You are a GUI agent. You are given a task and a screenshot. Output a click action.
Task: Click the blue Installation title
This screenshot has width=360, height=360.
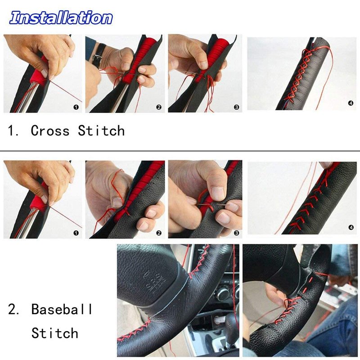coord(61,18)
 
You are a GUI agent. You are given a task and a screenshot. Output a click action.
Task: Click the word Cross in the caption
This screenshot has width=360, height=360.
coord(50,130)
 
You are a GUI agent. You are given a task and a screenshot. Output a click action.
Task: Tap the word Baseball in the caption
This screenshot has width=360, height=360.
coord(62,309)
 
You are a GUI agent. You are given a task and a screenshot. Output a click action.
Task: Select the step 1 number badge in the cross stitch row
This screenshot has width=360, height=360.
coord(76,107)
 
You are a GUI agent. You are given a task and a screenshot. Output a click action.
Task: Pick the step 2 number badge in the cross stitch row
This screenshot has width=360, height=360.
coord(159,107)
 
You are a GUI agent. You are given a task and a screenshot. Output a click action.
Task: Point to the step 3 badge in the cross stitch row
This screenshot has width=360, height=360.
coord(237,107)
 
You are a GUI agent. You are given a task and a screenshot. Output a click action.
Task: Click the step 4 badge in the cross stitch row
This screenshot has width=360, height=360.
coord(351,103)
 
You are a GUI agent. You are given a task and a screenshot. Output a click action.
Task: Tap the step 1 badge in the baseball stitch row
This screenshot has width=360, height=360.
coord(76,233)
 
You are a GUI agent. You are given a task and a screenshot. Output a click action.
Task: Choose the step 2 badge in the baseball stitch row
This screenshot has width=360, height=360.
coord(159,233)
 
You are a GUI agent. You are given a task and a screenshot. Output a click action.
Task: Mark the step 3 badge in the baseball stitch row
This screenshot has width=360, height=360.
coord(237,233)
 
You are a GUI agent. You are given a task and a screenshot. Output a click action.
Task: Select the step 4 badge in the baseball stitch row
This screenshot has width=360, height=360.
coord(351,228)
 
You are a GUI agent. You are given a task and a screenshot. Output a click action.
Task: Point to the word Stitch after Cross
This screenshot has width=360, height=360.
coord(101,130)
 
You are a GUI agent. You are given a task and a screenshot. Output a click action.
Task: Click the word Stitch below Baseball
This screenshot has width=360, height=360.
coord(55,333)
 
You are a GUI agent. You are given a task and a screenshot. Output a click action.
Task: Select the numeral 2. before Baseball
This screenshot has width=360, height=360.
coord(14,309)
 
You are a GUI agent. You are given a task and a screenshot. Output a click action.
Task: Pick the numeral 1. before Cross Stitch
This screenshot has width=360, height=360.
coord(13,130)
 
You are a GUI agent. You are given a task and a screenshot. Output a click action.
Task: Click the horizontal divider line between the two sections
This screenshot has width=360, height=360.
coord(180,151)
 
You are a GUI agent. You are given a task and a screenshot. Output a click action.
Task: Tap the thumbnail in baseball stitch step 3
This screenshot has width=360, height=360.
coord(218,193)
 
